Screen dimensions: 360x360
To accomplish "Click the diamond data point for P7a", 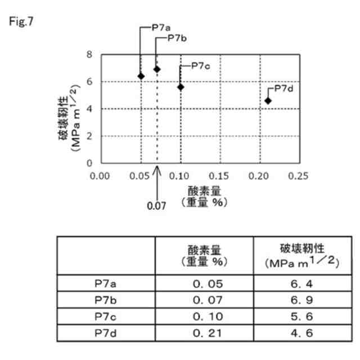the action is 141,76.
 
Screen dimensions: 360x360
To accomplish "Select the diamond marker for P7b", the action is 157,69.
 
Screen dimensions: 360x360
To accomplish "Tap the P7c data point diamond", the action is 181,87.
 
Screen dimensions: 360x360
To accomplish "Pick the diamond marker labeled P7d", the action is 268,100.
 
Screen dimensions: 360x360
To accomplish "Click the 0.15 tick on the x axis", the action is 220,175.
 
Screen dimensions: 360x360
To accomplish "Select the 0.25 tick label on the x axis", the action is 299,175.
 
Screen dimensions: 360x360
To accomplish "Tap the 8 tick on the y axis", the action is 89,55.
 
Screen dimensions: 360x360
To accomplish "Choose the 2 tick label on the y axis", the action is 89,136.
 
